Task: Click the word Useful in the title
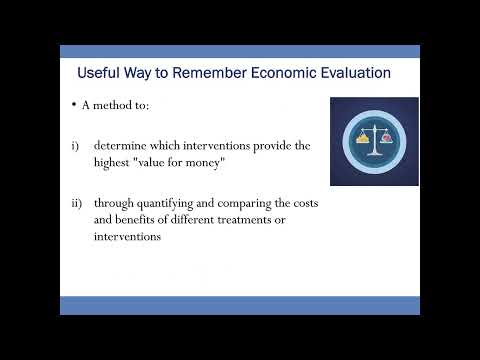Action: point(99,73)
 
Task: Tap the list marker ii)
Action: point(76,203)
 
